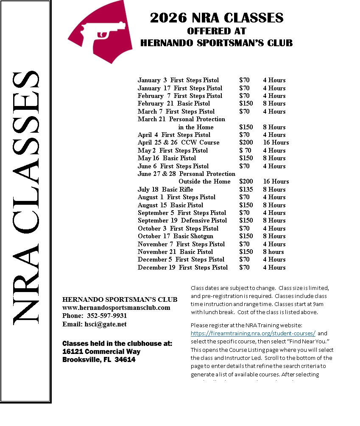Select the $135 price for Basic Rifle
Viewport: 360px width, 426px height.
coord(246,189)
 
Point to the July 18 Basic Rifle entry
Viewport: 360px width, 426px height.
coord(165,189)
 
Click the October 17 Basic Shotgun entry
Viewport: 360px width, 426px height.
coord(176,236)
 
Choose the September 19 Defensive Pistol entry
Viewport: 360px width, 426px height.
coord(182,220)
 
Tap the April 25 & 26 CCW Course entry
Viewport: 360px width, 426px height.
coord(179,142)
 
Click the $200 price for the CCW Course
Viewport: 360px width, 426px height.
coord(246,142)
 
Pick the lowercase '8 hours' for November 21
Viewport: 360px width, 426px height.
coord(273,252)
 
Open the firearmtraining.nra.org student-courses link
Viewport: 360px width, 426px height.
coord(253,333)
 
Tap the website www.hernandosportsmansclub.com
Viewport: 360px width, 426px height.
coord(116,308)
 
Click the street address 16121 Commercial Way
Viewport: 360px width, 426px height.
coord(101,351)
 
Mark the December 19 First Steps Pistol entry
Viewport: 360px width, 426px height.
coord(183,267)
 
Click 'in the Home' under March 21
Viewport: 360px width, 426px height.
coord(196,127)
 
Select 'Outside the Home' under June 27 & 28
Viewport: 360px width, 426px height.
coord(204,181)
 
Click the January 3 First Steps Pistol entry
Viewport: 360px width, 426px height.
coord(179,80)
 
